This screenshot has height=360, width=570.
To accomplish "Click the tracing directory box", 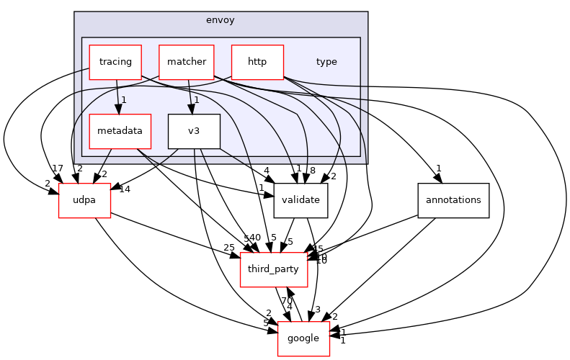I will tap(115, 62).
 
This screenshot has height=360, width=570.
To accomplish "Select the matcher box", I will tap(186, 62).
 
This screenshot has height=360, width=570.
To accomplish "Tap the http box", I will tap(257, 62).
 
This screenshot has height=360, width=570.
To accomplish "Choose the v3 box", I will tap(194, 131).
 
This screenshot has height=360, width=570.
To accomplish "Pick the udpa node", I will tap(84, 201).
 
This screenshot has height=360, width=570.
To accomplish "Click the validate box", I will tap(301, 201).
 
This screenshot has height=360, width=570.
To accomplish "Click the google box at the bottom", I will tap(304, 338).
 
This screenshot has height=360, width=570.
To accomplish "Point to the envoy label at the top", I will tap(221, 19).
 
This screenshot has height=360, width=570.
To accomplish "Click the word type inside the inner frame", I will tap(326, 62).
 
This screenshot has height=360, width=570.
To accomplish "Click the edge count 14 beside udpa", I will tap(124, 189).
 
